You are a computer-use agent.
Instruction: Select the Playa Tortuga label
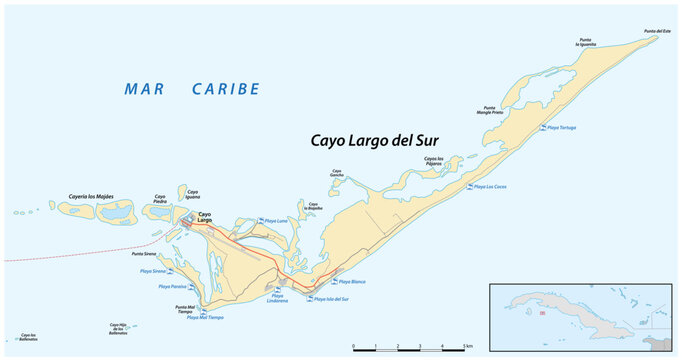[560, 128]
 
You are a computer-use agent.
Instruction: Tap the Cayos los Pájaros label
[434, 160]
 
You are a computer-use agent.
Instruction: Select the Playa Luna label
[276, 220]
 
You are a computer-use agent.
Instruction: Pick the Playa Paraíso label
[173, 287]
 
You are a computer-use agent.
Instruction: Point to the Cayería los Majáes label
[91, 196]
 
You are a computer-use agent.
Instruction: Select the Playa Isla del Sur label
[331, 299]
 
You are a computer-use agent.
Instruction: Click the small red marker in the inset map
[542, 314]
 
